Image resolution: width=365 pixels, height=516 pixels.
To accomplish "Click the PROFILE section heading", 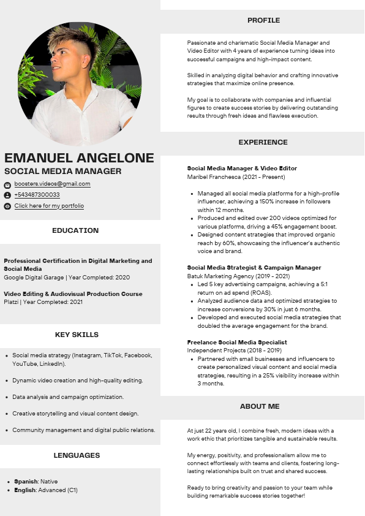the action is point(263,20).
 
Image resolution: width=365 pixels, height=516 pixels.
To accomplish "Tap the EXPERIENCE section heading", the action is point(263,142).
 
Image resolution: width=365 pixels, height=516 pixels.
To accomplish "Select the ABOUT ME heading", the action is point(260,406).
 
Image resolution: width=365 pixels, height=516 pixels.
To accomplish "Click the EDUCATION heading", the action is point(75,230).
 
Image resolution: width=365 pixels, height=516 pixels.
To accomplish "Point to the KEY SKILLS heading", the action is point(77,335).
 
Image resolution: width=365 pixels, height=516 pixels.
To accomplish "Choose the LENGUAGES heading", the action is point(77,455).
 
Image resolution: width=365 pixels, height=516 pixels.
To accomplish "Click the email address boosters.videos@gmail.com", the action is point(52,184).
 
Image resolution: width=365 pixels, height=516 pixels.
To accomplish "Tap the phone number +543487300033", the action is point(37,195).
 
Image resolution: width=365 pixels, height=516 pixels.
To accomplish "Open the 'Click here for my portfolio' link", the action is point(49,206).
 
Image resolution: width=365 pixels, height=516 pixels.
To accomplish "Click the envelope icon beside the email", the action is point(7,184).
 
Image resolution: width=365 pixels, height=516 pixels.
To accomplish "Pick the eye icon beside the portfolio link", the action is point(7,207).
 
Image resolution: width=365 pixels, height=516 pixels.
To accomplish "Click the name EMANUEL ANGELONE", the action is point(79,158).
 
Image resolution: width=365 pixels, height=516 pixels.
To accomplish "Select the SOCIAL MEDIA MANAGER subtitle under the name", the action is point(63,172).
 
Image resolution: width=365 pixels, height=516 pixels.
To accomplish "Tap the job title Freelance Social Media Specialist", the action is point(237,343).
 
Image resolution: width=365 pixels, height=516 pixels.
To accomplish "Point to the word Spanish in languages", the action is point(26,482).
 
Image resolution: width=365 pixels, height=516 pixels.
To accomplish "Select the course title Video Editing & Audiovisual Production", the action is point(73,294).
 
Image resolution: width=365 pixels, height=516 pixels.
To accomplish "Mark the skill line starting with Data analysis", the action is point(68,397).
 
